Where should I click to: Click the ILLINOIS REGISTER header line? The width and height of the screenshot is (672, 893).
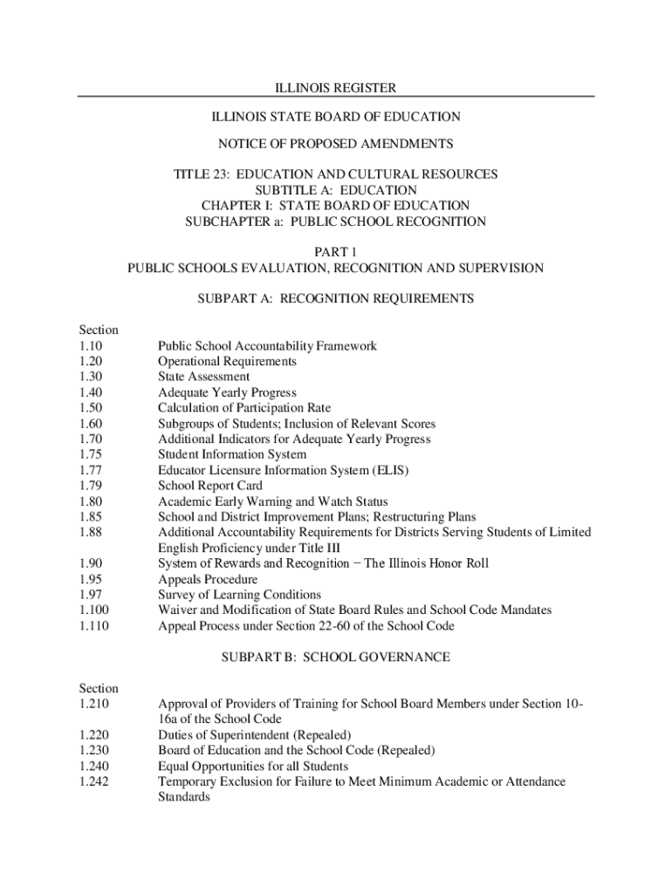336,88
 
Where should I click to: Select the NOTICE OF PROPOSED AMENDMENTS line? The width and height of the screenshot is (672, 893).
336,143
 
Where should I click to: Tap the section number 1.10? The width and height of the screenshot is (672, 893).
89,346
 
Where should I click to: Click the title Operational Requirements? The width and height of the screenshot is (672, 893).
227,361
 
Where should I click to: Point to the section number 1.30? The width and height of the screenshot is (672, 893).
89,377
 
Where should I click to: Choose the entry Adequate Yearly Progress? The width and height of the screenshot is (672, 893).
227,392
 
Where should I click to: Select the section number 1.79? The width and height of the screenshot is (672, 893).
89,486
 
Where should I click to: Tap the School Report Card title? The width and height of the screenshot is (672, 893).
209,486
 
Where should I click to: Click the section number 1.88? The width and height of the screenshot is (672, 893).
89,532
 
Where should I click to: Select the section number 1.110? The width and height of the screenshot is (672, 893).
93,625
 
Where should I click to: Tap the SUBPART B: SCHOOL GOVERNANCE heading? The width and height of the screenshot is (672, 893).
336,657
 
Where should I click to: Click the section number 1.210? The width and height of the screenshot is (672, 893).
93,703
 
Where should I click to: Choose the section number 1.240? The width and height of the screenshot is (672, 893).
93,766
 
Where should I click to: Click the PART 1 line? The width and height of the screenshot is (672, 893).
336,252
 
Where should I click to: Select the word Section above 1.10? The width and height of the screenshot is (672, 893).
99,330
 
